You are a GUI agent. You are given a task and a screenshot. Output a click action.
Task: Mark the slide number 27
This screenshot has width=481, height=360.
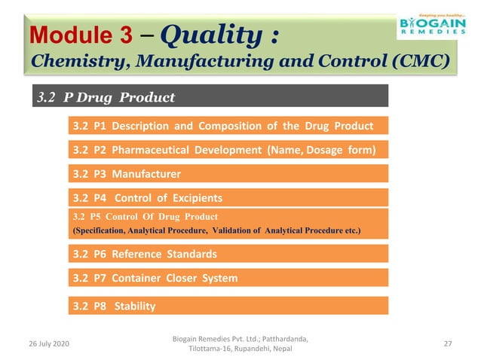click(448, 343)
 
